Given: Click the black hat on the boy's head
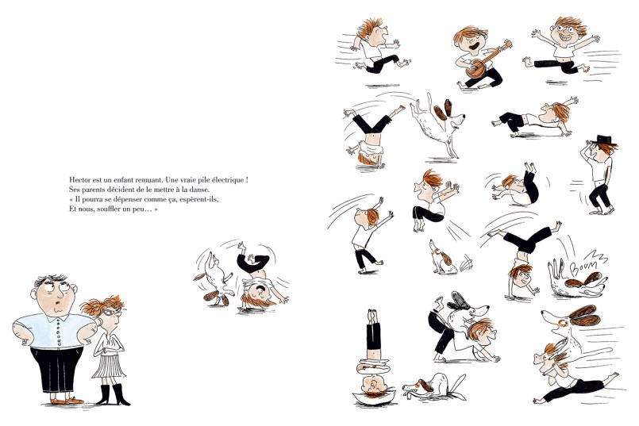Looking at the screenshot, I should pos(605,140).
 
